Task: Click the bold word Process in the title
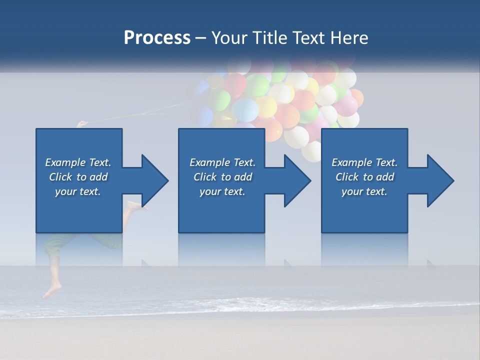157,38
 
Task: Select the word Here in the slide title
348,38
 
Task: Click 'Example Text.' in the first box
78,162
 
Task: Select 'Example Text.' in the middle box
222,162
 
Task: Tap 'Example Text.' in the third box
364,162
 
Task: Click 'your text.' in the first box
78,191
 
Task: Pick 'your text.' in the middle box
222,191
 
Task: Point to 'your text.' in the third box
364,191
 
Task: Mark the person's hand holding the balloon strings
82,123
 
